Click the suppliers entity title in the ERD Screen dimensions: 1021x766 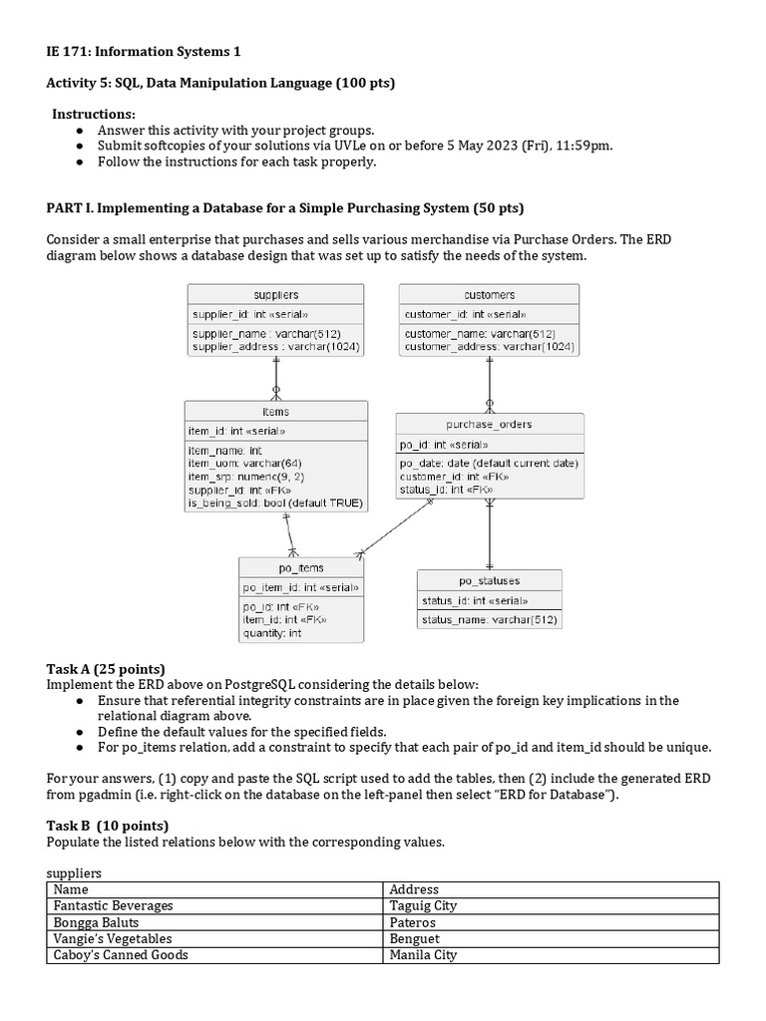click(275, 295)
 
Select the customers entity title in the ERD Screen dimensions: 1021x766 click(489, 295)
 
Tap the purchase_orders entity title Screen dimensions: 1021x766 click(489, 424)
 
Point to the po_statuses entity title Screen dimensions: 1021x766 click(489, 580)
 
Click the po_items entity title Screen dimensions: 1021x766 click(300, 568)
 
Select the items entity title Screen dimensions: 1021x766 click(275, 411)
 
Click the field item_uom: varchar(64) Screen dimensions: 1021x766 click(244, 464)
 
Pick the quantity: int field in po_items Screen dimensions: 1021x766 click(272, 633)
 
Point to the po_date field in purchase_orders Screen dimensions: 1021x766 click(489, 463)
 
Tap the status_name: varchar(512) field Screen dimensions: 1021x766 click(489, 620)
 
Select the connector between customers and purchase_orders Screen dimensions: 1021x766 click(489, 384)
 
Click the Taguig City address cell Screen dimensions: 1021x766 click(423, 905)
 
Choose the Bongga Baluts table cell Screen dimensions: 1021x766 click(96, 922)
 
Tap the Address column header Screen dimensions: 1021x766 click(414, 889)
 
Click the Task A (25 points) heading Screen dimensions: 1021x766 click(106, 668)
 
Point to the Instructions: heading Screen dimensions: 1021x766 click(94, 115)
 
